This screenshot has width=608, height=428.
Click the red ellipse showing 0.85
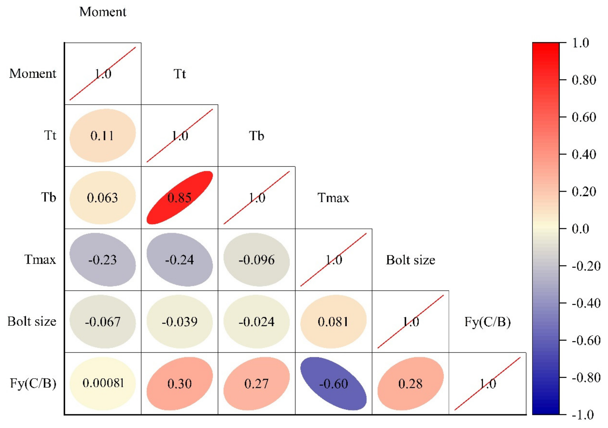point(179,197)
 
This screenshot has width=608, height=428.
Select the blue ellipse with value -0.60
point(333,384)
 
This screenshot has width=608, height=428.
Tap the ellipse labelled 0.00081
point(103,384)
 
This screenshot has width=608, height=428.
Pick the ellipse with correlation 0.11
point(103,135)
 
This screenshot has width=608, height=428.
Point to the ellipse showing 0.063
point(103,197)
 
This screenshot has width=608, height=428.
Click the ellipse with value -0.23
point(103,260)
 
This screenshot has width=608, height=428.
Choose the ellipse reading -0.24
point(179,260)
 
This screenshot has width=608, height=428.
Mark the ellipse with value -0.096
point(256,260)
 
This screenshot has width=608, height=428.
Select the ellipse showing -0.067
point(103,322)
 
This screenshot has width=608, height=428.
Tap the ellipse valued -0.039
point(179,322)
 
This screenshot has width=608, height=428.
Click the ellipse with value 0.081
point(333,322)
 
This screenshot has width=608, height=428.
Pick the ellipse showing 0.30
point(179,384)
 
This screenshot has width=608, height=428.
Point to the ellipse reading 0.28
point(410,384)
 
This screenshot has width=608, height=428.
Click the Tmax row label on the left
point(40,260)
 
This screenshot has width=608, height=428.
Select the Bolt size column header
point(410,260)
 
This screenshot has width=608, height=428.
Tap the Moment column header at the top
point(103,12)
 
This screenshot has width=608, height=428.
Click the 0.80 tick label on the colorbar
point(584,80)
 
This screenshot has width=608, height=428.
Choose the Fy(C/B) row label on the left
point(33,383)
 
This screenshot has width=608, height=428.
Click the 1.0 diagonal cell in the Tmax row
point(333,260)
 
